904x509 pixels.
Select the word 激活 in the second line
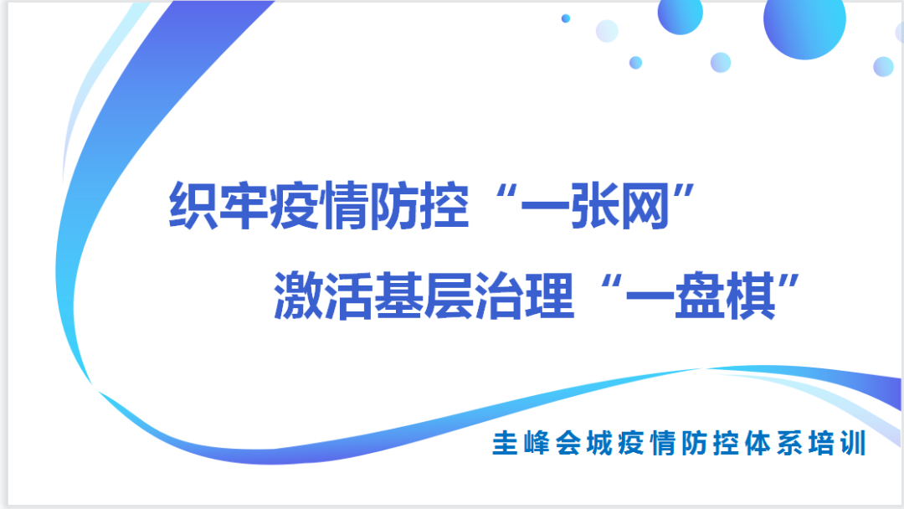322,298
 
